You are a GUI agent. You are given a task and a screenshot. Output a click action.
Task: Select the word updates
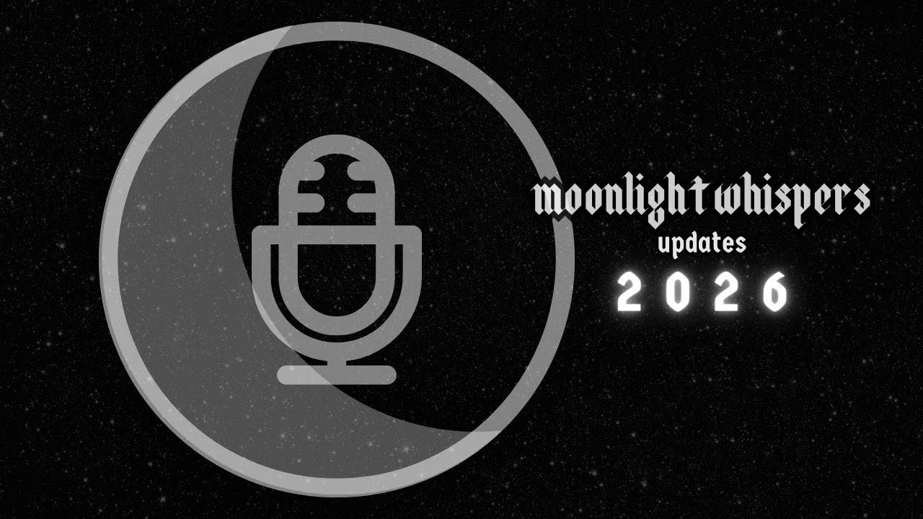click(x=702, y=244)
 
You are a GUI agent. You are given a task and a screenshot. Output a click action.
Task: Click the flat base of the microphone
click(x=337, y=374)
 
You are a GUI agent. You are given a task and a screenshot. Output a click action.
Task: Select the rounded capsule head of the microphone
click(x=336, y=216)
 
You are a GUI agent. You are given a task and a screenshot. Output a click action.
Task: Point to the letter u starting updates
click(x=665, y=245)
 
